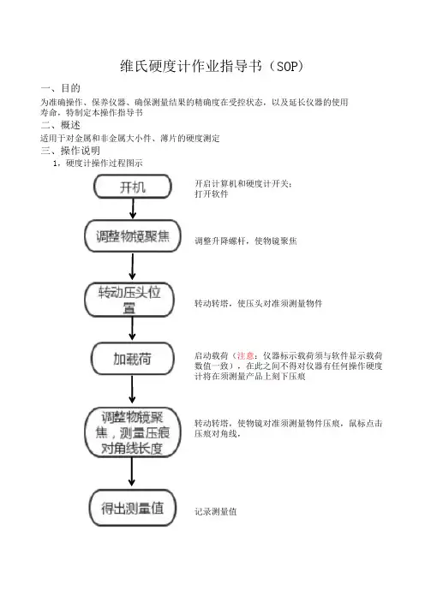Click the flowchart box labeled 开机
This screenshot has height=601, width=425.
click(x=132, y=187)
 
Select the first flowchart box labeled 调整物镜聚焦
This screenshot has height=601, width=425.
click(x=132, y=236)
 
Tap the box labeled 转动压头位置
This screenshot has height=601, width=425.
click(x=129, y=300)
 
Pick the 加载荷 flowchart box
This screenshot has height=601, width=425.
click(x=132, y=359)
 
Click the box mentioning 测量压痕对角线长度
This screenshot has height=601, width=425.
click(x=132, y=432)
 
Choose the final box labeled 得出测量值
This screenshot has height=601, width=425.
click(x=132, y=508)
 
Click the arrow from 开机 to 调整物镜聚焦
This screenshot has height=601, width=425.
click(x=133, y=209)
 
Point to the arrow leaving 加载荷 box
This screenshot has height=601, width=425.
click(x=132, y=390)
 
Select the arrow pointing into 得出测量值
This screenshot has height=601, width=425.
click(x=132, y=472)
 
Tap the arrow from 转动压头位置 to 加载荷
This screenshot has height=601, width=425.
click(x=132, y=329)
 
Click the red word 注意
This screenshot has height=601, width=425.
click(x=245, y=355)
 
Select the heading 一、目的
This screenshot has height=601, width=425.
click(x=61, y=88)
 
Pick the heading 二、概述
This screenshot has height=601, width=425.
click(x=61, y=125)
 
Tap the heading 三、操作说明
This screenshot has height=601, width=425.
click(x=70, y=151)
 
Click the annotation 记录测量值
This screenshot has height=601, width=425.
click(x=216, y=511)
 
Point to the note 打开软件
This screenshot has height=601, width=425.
click(x=212, y=194)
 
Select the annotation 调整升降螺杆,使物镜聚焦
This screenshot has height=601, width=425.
click(x=245, y=241)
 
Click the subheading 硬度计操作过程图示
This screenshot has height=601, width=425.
click(x=105, y=164)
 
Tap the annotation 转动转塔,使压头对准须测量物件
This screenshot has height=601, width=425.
click(x=259, y=304)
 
